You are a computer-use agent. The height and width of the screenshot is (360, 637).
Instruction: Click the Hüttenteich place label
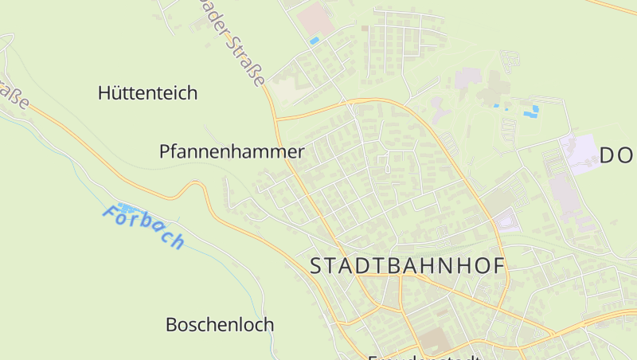click(147, 93)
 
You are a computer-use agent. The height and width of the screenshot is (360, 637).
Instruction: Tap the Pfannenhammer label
click(232, 151)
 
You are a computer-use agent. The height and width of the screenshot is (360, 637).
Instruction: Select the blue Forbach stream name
click(144, 227)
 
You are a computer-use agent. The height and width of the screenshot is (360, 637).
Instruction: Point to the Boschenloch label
click(220, 325)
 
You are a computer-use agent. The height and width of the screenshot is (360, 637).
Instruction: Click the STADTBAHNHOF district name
click(407, 266)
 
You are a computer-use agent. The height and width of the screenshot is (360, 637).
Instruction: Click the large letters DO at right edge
click(617, 155)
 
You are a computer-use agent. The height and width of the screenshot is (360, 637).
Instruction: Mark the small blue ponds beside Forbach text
click(126, 208)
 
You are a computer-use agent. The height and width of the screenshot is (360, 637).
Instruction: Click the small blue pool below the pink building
click(314, 40)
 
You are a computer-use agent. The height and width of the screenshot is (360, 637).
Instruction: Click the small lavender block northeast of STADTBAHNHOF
click(507, 218)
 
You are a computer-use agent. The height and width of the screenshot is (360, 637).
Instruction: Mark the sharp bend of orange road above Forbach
click(193, 185)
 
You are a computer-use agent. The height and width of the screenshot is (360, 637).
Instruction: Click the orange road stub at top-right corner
click(617, 6)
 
